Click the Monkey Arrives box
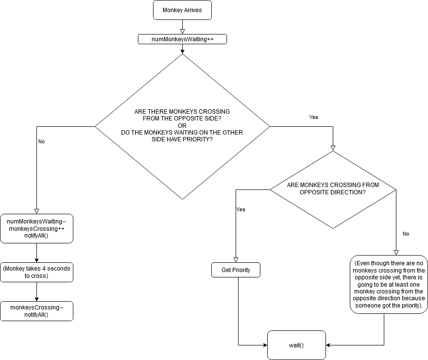(182, 10)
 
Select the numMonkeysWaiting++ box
(182, 39)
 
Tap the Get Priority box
(236, 270)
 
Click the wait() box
(296, 345)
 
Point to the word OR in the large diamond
(182, 126)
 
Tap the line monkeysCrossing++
(36, 229)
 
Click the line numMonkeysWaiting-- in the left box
(36, 222)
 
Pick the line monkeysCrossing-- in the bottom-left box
(36, 308)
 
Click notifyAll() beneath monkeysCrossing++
(36, 236)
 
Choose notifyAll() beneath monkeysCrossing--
(36, 315)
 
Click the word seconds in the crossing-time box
(58, 269)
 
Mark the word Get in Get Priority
(226, 270)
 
